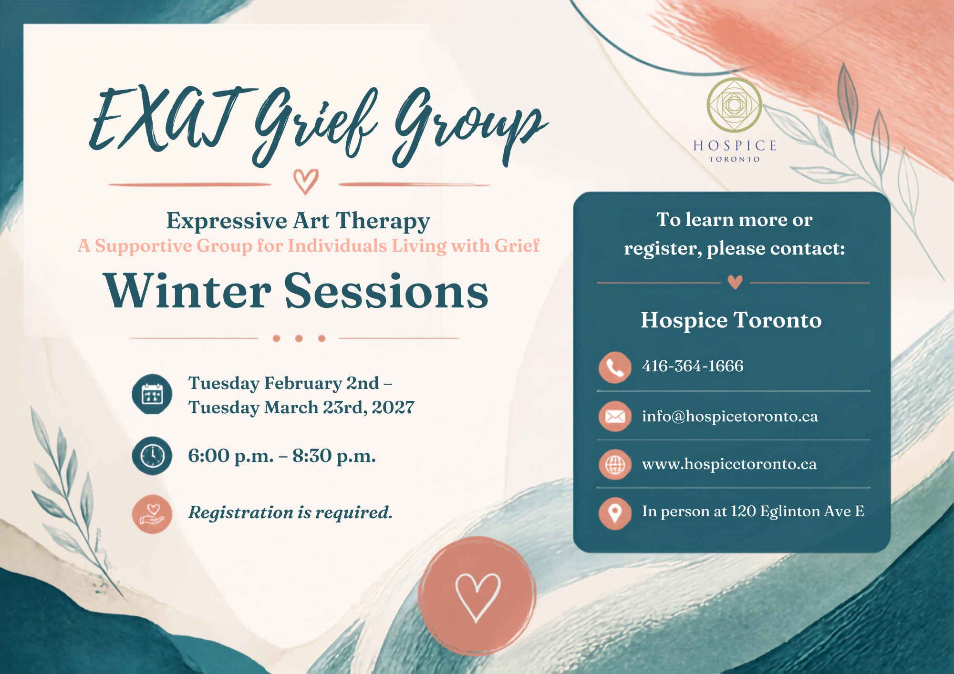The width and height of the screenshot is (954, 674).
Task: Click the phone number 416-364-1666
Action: [693, 366]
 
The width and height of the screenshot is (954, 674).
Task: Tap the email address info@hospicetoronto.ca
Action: [730, 416]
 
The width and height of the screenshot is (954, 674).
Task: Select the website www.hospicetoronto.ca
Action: [729, 464]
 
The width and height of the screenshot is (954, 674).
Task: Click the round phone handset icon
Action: [615, 368]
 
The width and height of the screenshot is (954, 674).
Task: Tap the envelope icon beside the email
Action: [615, 417]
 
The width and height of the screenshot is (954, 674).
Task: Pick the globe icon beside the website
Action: [615, 464]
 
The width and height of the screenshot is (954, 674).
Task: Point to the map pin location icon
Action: [615, 514]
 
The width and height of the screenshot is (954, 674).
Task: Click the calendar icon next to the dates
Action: [152, 394]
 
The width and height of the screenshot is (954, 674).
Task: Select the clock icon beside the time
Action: [152, 456]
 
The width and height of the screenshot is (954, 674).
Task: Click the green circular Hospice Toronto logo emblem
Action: [734, 105]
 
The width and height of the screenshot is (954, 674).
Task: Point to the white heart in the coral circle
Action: [477, 598]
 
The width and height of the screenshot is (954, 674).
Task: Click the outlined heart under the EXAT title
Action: [306, 182]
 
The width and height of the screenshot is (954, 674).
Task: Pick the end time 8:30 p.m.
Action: [334, 456]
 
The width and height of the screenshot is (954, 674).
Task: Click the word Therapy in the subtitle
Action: [383, 222]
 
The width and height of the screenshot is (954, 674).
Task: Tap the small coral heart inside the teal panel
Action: [735, 282]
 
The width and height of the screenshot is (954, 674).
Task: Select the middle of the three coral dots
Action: [299, 338]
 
